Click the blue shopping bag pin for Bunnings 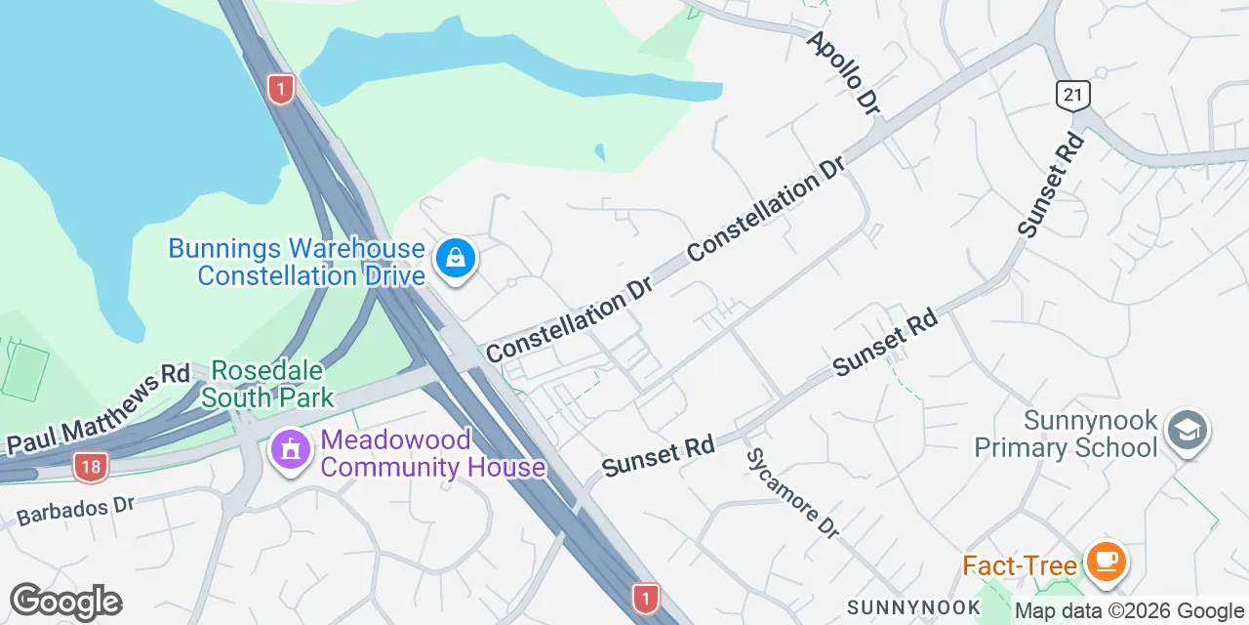(x=455, y=259)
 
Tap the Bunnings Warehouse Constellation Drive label (x=296, y=262)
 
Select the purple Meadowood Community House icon (x=290, y=450)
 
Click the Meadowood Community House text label (x=431, y=453)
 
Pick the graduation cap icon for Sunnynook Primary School (x=1188, y=431)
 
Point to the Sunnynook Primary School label (x=1066, y=435)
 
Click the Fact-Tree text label (x=1019, y=565)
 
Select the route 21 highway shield (x=1072, y=95)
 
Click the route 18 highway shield (x=90, y=467)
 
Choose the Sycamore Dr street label (x=792, y=493)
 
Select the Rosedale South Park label (x=267, y=384)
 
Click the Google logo (x=65, y=602)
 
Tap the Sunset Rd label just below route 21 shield (x=1052, y=186)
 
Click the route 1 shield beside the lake (x=280, y=90)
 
